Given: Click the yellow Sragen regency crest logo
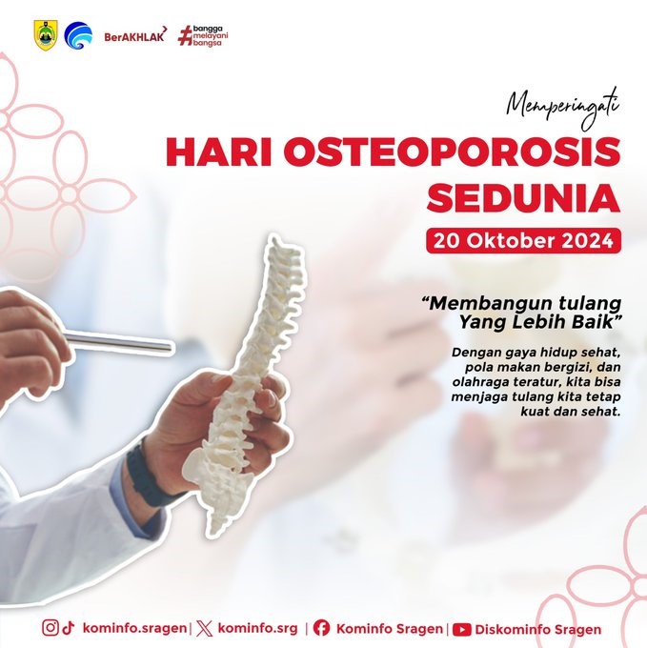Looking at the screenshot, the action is coord(46,35).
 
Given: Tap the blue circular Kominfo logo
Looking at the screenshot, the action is coord(78,35).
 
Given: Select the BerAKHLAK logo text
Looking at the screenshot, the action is coord(135,35).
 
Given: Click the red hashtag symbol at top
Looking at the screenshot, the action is coord(185,36).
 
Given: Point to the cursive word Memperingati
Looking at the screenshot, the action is coord(563,107).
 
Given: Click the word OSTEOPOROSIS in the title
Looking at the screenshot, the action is coord(452,152).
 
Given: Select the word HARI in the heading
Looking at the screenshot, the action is coord(219,152).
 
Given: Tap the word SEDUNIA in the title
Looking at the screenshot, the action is coord(523,197).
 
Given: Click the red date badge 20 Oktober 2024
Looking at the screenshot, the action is coord(523,240).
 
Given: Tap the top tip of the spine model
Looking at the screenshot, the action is coord(273,236).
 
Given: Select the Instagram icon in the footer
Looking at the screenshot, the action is coord(51,627).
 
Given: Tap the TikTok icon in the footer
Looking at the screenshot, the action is coord(69,627).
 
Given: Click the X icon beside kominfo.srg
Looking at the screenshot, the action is coord(205,629).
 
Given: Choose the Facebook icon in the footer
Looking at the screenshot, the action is coord(321,628).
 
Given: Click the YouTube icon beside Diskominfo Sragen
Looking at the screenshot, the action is coord(461,629).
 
